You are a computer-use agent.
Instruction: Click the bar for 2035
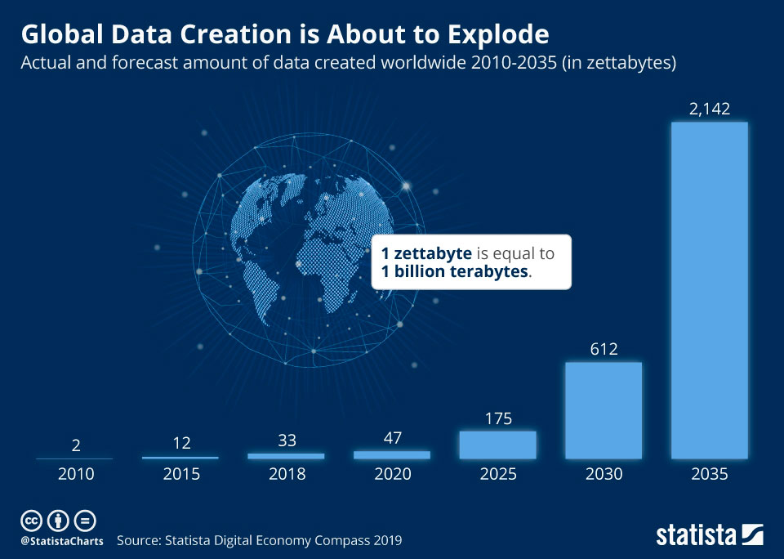coord(709,290)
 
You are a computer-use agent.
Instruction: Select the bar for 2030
coord(604,409)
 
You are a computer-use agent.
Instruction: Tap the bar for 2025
coord(497,445)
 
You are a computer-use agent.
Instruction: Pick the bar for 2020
coord(392,454)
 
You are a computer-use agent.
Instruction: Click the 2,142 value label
coord(709,109)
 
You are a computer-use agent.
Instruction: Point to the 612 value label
coord(604,349)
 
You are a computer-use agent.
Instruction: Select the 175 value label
coord(497,419)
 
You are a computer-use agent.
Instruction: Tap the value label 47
coord(392,437)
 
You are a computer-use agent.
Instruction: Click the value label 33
coord(286,440)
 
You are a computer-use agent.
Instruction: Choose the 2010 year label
coord(76,474)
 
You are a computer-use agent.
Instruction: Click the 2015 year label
coord(181,474)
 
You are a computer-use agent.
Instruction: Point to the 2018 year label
coord(286,474)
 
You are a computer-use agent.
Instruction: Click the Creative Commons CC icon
coord(31,521)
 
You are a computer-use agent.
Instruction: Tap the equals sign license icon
coord(85,521)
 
